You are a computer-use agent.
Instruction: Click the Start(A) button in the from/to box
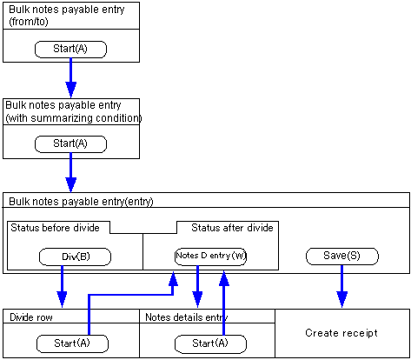(70, 50)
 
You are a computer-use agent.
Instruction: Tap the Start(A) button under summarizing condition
(70, 144)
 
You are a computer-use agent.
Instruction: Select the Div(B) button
(75, 257)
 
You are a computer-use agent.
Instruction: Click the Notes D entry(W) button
(210, 256)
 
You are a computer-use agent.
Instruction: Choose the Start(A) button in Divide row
(72, 343)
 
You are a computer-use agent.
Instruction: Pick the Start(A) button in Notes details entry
(210, 344)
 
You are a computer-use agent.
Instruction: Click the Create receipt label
(341, 333)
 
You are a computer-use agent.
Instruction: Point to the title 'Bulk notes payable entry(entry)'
(81, 202)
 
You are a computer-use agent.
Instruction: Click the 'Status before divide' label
(55, 228)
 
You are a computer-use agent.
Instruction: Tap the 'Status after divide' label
(232, 228)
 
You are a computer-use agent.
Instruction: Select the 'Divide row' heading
(31, 317)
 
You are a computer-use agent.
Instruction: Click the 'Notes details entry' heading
(187, 317)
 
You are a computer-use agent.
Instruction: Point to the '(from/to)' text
(29, 22)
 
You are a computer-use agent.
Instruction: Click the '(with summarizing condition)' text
(74, 118)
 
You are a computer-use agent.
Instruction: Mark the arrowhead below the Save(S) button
(342, 299)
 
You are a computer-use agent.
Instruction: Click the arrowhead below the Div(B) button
(62, 299)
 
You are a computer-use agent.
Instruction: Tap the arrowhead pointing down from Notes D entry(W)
(197, 299)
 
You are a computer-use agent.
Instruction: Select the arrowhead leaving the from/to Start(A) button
(71, 90)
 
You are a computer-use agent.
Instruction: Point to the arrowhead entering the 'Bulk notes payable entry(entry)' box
(71, 185)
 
